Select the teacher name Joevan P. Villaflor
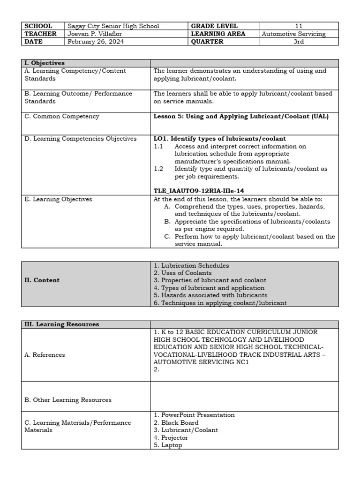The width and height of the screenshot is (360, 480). click(97, 34)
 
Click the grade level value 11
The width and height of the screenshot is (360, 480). click(299, 26)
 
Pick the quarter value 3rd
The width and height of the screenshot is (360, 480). click(299, 41)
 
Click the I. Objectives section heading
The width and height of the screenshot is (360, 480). click(45, 63)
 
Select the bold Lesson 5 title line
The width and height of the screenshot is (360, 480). click(241, 116)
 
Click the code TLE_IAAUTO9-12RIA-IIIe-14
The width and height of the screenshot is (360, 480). click(199, 191)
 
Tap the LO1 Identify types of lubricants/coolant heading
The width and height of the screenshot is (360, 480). click(220, 139)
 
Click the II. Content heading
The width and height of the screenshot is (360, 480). click(42, 280)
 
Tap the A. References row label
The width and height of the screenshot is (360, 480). click(45, 355)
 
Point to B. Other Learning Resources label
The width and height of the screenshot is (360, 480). click(68, 400)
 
